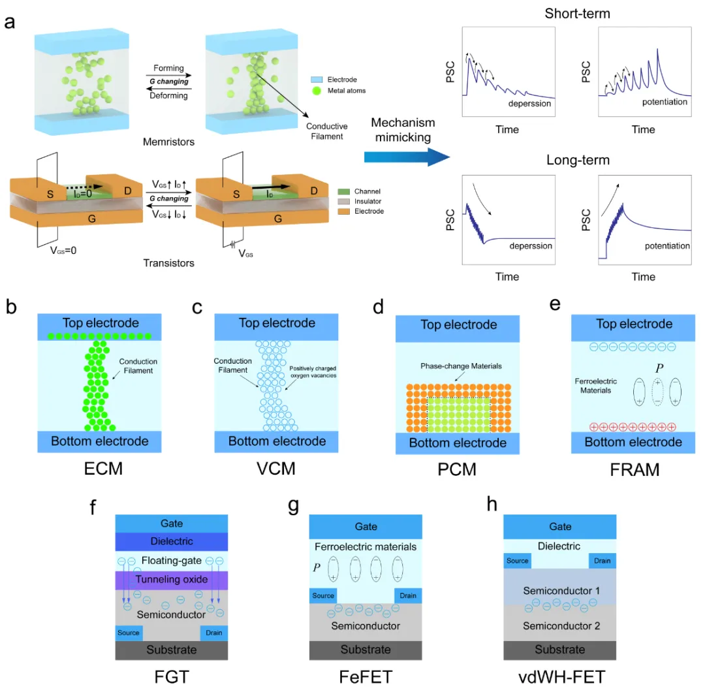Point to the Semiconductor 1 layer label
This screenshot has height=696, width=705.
coord(560,590)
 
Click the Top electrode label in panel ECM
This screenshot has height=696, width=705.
coord(101,323)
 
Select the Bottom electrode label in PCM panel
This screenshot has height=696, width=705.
coord(458,443)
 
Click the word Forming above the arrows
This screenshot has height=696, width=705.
coord(168,69)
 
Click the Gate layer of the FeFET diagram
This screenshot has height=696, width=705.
coord(364,527)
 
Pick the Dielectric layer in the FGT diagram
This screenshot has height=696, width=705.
coord(172,541)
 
